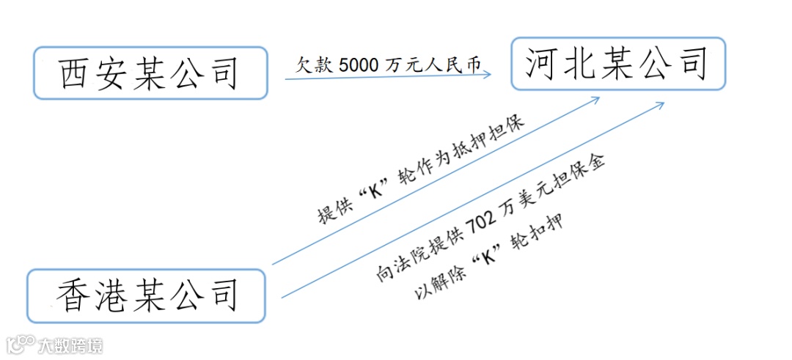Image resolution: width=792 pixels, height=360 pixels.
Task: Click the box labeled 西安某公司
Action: [x=150, y=73]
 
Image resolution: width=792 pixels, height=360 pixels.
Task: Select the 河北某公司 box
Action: [x=617, y=64]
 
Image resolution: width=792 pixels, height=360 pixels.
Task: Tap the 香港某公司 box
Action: [x=146, y=296]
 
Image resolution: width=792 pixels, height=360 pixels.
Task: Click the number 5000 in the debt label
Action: [x=359, y=65]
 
